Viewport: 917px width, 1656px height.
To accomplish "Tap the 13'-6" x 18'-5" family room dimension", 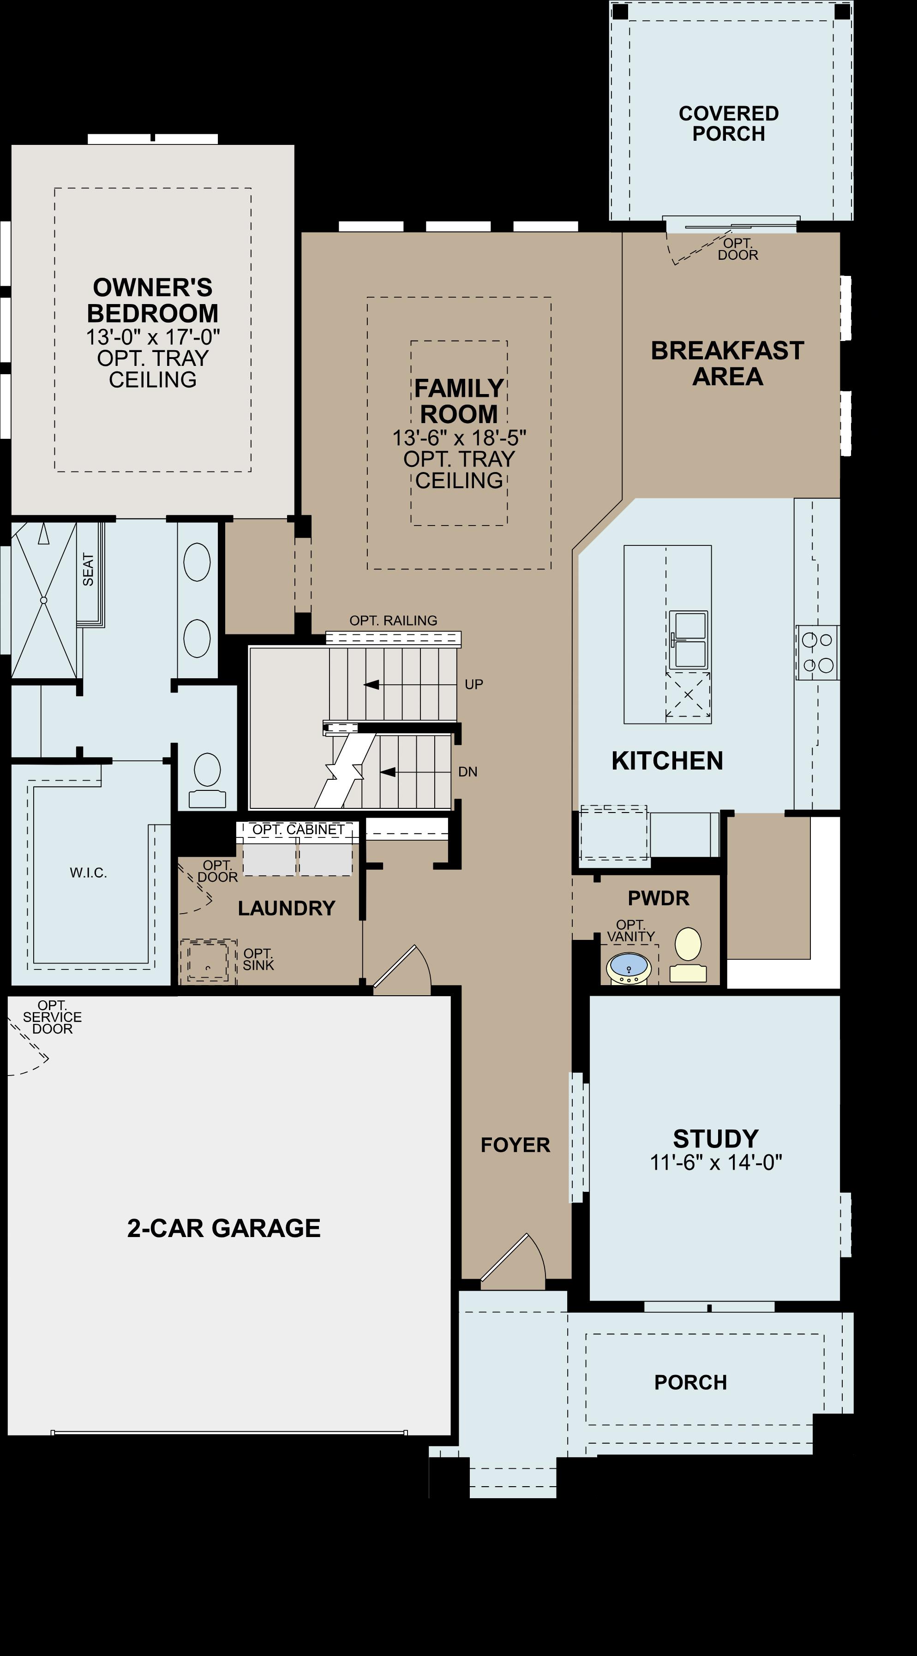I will tap(459, 438).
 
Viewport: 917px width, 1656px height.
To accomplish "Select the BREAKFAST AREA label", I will tap(727, 363).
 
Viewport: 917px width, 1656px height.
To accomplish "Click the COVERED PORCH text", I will tap(729, 124).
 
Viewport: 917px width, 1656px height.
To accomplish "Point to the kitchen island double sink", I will tap(688, 640).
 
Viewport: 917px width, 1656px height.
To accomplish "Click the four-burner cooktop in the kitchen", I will tap(817, 652).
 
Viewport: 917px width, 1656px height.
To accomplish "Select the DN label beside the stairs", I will tap(467, 772).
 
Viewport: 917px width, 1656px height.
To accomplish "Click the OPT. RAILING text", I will tap(393, 620).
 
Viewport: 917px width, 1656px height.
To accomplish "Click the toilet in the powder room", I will tap(688, 954).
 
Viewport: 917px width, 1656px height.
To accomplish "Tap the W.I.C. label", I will tap(88, 873).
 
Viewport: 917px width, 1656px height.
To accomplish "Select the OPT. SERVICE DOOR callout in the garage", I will tap(52, 1017).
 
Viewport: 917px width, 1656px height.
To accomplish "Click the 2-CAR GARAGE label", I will tap(223, 1228).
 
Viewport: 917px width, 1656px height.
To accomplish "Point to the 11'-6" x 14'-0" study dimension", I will tap(716, 1162).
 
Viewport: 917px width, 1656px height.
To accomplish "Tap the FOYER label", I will tap(515, 1145).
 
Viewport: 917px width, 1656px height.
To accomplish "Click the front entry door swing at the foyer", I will tap(513, 1260).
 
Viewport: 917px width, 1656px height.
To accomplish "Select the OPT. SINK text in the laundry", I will tap(258, 959).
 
